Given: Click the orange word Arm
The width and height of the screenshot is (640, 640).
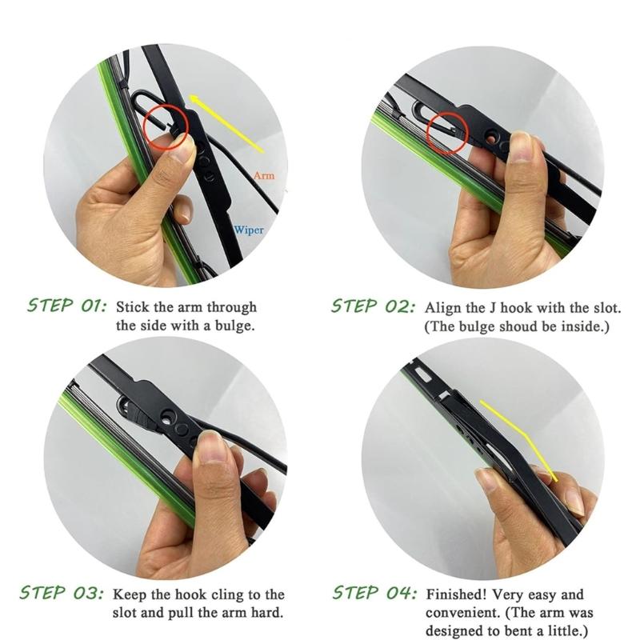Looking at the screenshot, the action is pyautogui.click(x=264, y=175).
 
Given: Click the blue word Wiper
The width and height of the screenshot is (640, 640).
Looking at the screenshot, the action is pyautogui.click(x=249, y=230).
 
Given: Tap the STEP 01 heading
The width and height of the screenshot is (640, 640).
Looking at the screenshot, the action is pyautogui.click(x=67, y=306).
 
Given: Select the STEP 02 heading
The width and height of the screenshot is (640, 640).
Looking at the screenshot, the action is pyautogui.click(x=374, y=306).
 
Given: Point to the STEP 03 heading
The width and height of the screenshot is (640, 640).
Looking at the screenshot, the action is pyautogui.click(x=62, y=593).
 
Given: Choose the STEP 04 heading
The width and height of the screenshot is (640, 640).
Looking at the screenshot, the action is pyautogui.click(x=374, y=593).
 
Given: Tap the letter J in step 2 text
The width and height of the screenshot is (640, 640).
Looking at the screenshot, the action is pyautogui.click(x=493, y=307).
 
